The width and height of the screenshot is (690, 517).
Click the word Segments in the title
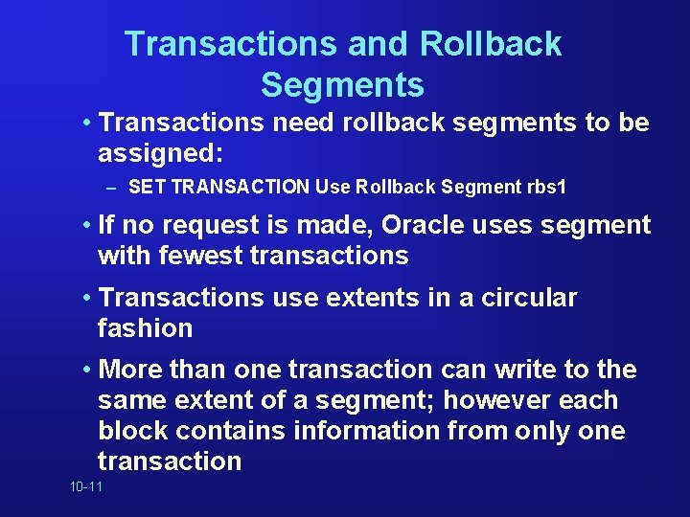pyautogui.click(x=342, y=85)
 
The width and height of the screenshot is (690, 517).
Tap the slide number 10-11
pyautogui.click(x=85, y=488)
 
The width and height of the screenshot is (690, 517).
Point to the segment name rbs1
pyautogui.click(x=546, y=188)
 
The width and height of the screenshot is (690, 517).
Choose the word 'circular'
pyautogui.click(x=526, y=298)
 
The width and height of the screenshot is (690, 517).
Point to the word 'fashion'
pyautogui.click(x=145, y=328)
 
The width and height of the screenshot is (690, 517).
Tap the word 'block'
pyautogui.click(x=132, y=431)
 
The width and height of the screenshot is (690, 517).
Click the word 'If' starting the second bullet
pyautogui.click(x=108, y=226)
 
